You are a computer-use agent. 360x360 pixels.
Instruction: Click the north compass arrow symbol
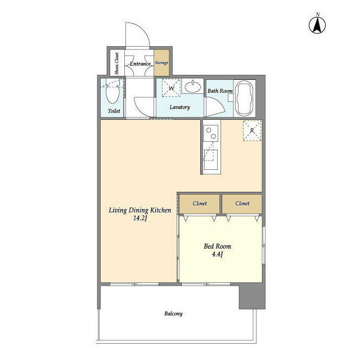click(317, 24)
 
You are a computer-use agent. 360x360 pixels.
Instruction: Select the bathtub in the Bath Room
click(245, 98)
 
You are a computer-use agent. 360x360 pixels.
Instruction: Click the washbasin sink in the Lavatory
click(193, 87)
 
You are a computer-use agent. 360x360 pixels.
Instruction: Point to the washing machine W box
click(171, 88)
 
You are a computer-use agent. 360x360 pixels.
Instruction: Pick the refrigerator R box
click(252, 130)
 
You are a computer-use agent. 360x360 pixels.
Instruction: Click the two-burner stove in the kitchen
click(211, 133)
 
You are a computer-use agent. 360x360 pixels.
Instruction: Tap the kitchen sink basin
click(211, 160)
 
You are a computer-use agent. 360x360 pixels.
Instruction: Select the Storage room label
click(161, 62)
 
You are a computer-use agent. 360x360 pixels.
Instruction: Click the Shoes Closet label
click(116, 63)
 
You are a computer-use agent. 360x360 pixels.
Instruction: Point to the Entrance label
click(140, 64)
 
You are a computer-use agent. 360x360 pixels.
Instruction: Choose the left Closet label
click(200, 204)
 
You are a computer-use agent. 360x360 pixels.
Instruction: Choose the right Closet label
click(242, 204)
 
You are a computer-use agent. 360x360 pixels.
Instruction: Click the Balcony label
click(173, 314)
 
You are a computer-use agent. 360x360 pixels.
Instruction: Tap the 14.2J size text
click(140, 218)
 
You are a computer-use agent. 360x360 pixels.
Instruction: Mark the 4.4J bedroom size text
click(218, 254)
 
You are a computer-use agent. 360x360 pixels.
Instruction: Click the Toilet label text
click(114, 111)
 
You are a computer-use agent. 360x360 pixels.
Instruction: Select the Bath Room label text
click(220, 91)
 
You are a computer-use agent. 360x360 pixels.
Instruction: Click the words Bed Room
click(218, 246)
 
